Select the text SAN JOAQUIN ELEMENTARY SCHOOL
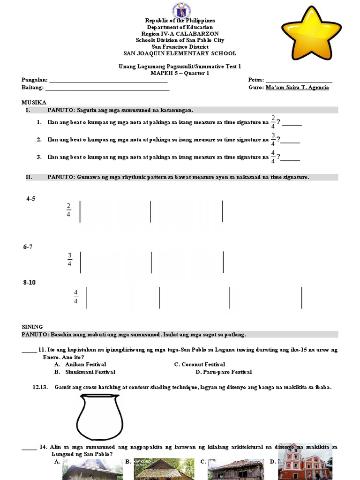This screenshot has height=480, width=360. tap(180, 53)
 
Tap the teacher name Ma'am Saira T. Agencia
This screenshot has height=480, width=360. tap(297, 88)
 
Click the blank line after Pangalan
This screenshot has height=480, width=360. tap(108, 81)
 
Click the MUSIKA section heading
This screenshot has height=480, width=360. tap(34, 102)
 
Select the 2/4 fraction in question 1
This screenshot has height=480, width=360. tap(273, 121)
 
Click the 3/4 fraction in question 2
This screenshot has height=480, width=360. tap(273, 139)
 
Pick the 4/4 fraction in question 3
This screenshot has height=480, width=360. tap(273, 157)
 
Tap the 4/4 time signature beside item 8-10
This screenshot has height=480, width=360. tap(75, 297)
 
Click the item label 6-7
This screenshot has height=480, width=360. tap(28, 247)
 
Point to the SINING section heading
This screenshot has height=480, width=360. tap(32, 327)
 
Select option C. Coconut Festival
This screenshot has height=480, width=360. tap(200, 364)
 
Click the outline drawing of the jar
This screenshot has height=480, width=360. tap(99, 417)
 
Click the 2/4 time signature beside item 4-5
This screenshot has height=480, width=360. tap(68, 210)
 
